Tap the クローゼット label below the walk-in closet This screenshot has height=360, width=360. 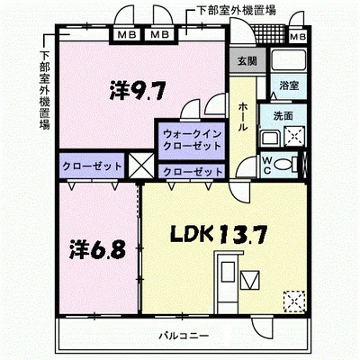tap(191, 171)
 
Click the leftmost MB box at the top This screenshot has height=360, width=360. tap(126, 35)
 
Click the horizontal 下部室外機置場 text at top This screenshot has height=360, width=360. tap(236, 10)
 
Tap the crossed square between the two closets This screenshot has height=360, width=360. tap(141, 166)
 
